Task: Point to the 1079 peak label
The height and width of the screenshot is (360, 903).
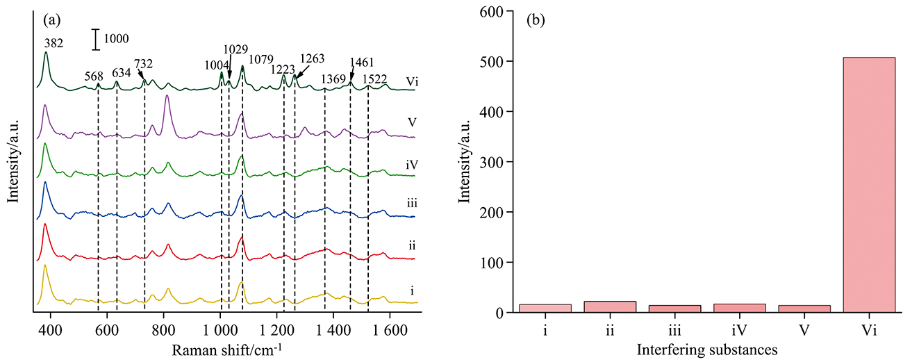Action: click(x=262, y=59)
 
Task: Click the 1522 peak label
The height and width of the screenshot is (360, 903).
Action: click(x=376, y=79)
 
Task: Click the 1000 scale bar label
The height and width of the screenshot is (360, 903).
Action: click(x=117, y=39)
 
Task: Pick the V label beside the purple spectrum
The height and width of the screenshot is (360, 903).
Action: click(x=411, y=123)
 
